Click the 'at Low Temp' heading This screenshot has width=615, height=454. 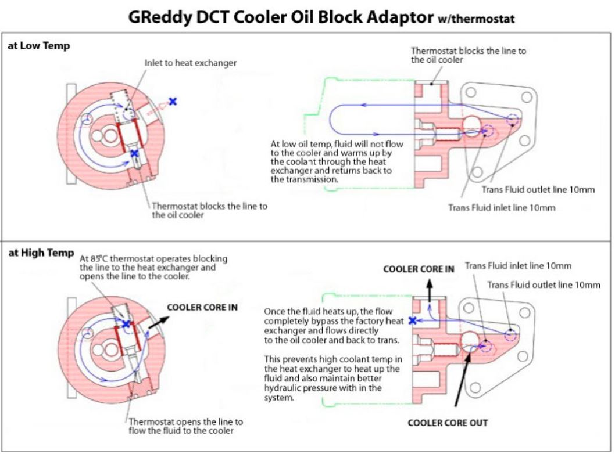[38, 46]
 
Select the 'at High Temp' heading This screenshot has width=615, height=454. [41, 253]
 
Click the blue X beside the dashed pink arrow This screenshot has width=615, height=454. [173, 101]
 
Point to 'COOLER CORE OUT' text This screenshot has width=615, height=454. [448, 423]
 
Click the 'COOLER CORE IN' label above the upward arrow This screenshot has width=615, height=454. [418, 269]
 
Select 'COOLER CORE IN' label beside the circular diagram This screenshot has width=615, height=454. [202, 308]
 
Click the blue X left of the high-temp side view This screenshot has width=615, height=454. [413, 320]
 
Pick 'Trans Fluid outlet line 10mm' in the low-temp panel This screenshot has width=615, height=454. [538, 190]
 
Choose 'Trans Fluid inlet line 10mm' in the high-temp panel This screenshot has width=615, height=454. [519, 266]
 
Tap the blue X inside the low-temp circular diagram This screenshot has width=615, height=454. [134, 153]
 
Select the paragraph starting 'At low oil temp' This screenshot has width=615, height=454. [332, 161]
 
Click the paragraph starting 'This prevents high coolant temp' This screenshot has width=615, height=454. [332, 378]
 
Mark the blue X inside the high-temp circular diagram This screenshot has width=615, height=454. [126, 323]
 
